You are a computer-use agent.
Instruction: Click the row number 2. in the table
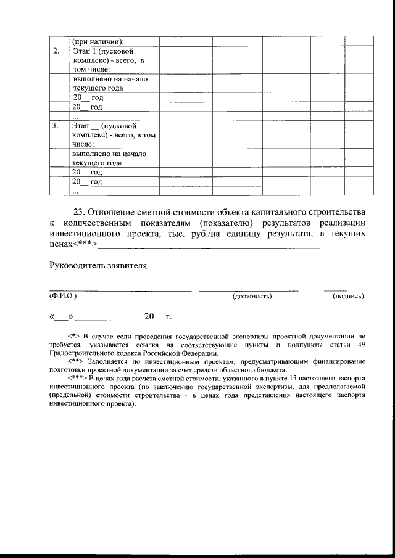[x=56, y=51]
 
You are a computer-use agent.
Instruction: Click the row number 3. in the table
[x=56, y=126]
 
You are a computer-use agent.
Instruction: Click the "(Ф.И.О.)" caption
[x=63, y=297]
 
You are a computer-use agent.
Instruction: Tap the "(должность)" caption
[x=252, y=297]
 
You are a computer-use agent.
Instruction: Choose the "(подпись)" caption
[x=348, y=297]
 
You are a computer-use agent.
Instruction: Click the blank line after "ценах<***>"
[x=210, y=247]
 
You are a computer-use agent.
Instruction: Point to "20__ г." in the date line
[x=157, y=317]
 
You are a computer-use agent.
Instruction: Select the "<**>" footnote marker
[x=75, y=361]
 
